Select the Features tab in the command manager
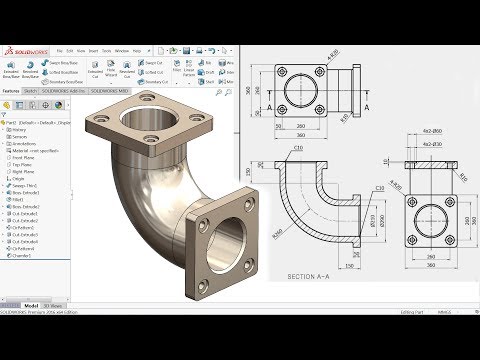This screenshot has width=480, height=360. coord(12,90)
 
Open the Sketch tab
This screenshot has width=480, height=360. coord(31,90)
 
